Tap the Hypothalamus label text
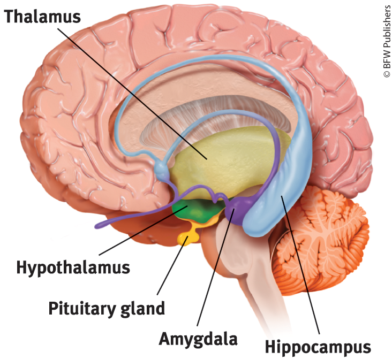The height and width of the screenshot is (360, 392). click(x=73, y=266)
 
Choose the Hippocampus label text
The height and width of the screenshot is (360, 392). click(x=318, y=347)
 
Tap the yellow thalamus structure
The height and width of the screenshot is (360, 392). click(x=225, y=160)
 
